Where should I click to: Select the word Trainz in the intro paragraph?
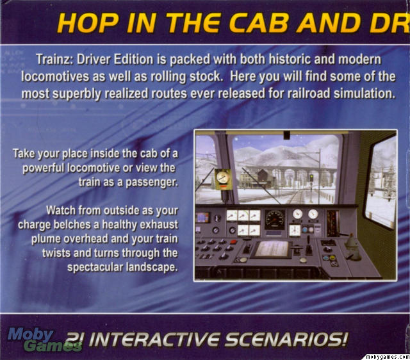tap(54, 60)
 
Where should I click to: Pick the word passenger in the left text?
tap(152, 183)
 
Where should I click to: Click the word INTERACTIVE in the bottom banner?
tap(156, 340)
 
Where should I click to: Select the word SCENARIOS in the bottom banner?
tap(286, 340)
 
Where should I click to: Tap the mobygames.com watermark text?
tap(387, 357)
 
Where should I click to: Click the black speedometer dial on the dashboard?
tap(275, 220)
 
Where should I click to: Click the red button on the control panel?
tap(233, 242)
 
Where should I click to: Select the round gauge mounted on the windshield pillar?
tap(223, 177)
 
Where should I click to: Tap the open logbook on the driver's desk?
tap(272, 249)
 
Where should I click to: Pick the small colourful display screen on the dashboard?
tap(203, 218)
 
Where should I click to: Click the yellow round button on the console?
tap(332, 258)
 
